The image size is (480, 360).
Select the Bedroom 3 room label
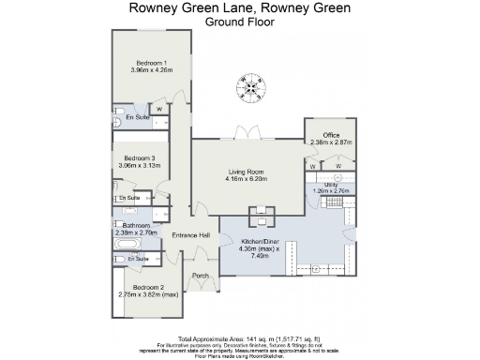tap(140, 158)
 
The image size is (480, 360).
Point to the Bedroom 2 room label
tap(148, 287)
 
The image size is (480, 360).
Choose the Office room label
tap(330, 135)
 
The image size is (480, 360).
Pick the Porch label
tap(200, 276)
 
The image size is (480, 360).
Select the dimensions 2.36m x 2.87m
tap(330, 142)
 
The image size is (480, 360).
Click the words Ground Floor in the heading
tap(240, 22)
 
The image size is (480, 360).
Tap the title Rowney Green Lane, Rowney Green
tap(240, 8)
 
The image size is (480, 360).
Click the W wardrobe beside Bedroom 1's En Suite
tap(158, 109)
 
